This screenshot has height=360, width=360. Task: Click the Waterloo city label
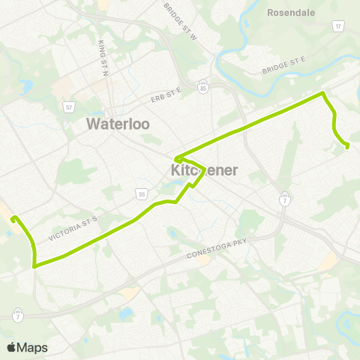click(x=118, y=123)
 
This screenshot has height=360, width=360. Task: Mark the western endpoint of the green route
click(x=13, y=218)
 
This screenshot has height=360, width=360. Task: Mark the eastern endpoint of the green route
click(x=347, y=146)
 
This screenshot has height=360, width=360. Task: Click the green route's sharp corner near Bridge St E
click(x=323, y=93)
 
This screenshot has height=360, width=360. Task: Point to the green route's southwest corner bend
click(x=34, y=265)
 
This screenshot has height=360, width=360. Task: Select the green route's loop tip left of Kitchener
click(x=176, y=159)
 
